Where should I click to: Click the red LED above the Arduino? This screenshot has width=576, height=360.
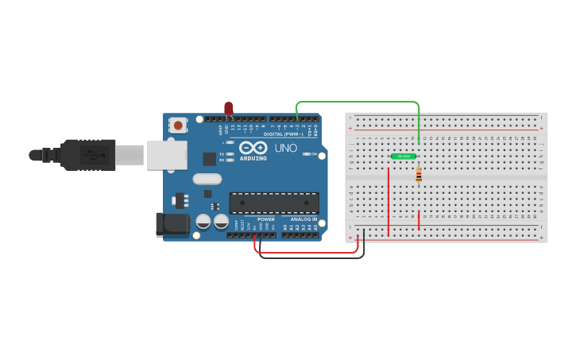click(229, 108)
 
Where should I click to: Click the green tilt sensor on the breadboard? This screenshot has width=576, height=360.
click(404, 157)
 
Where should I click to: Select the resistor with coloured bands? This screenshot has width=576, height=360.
click(419, 175)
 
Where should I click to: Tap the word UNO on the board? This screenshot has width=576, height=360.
click(285, 148)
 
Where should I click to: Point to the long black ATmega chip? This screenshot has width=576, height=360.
click(273, 203)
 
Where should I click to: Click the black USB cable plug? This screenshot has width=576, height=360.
click(87, 154)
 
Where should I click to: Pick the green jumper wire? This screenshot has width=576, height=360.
click(358, 102)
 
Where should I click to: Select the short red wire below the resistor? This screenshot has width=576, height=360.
click(419, 220)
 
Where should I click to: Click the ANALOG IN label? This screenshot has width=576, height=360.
click(303, 219)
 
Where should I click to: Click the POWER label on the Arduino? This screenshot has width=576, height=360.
click(265, 219)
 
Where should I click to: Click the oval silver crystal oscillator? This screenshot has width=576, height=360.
click(207, 180)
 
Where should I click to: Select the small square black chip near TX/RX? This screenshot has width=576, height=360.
click(210, 159)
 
